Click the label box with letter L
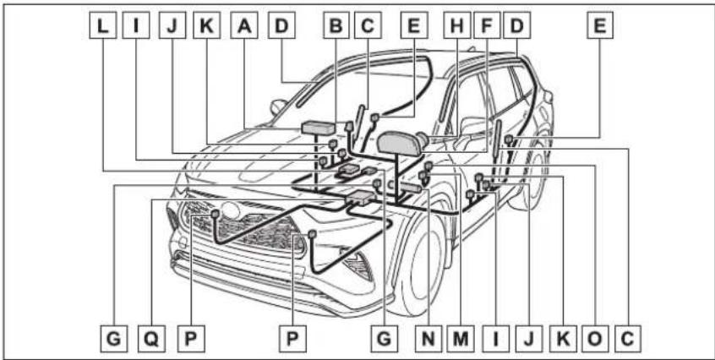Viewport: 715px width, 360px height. point(102,25)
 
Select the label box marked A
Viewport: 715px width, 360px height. point(244,25)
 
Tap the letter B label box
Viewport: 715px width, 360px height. point(336,25)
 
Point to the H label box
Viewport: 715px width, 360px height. point(456,25)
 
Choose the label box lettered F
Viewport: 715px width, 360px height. point(487,25)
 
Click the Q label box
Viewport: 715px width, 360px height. point(151,338)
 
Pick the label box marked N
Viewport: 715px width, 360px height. point(428,338)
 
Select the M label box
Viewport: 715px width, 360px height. point(461,338)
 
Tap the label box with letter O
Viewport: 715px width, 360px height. point(595,338)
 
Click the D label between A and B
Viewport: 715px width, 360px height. point(281,25)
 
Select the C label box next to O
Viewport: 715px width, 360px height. point(627,338)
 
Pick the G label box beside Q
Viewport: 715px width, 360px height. point(113,338)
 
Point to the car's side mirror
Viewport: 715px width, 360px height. point(278,106)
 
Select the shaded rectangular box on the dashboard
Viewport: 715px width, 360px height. point(319,127)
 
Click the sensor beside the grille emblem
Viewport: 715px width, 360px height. point(216,213)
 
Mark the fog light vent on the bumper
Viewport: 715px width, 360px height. point(358,265)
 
